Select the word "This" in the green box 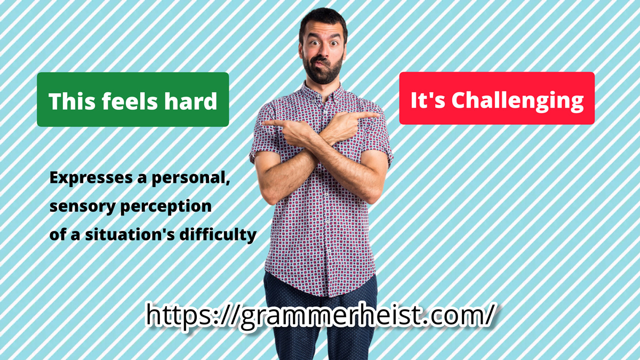coord(71,101)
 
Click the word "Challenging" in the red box coord(517,101)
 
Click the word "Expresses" coord(91,178)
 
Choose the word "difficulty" coord(218,235)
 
